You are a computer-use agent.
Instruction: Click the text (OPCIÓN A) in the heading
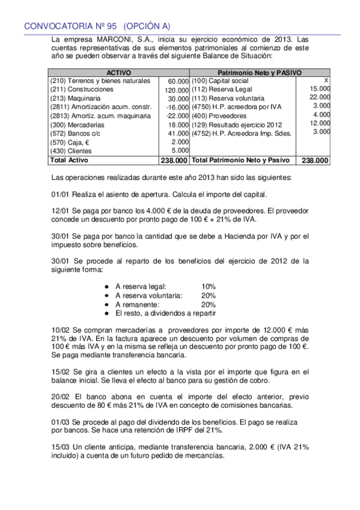[x=147, y=26]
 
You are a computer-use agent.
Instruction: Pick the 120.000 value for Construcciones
[x=177, y=90]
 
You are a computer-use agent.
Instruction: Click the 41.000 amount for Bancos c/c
[x=178, y=134]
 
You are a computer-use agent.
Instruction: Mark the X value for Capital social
[x=326, y=80]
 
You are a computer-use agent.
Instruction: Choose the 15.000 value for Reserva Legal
[x=320, y=89]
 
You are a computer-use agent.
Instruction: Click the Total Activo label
[x=69, y=161]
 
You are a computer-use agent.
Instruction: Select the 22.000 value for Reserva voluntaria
[x=320, y=97]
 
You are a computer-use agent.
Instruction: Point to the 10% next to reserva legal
[x=209, y=286]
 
